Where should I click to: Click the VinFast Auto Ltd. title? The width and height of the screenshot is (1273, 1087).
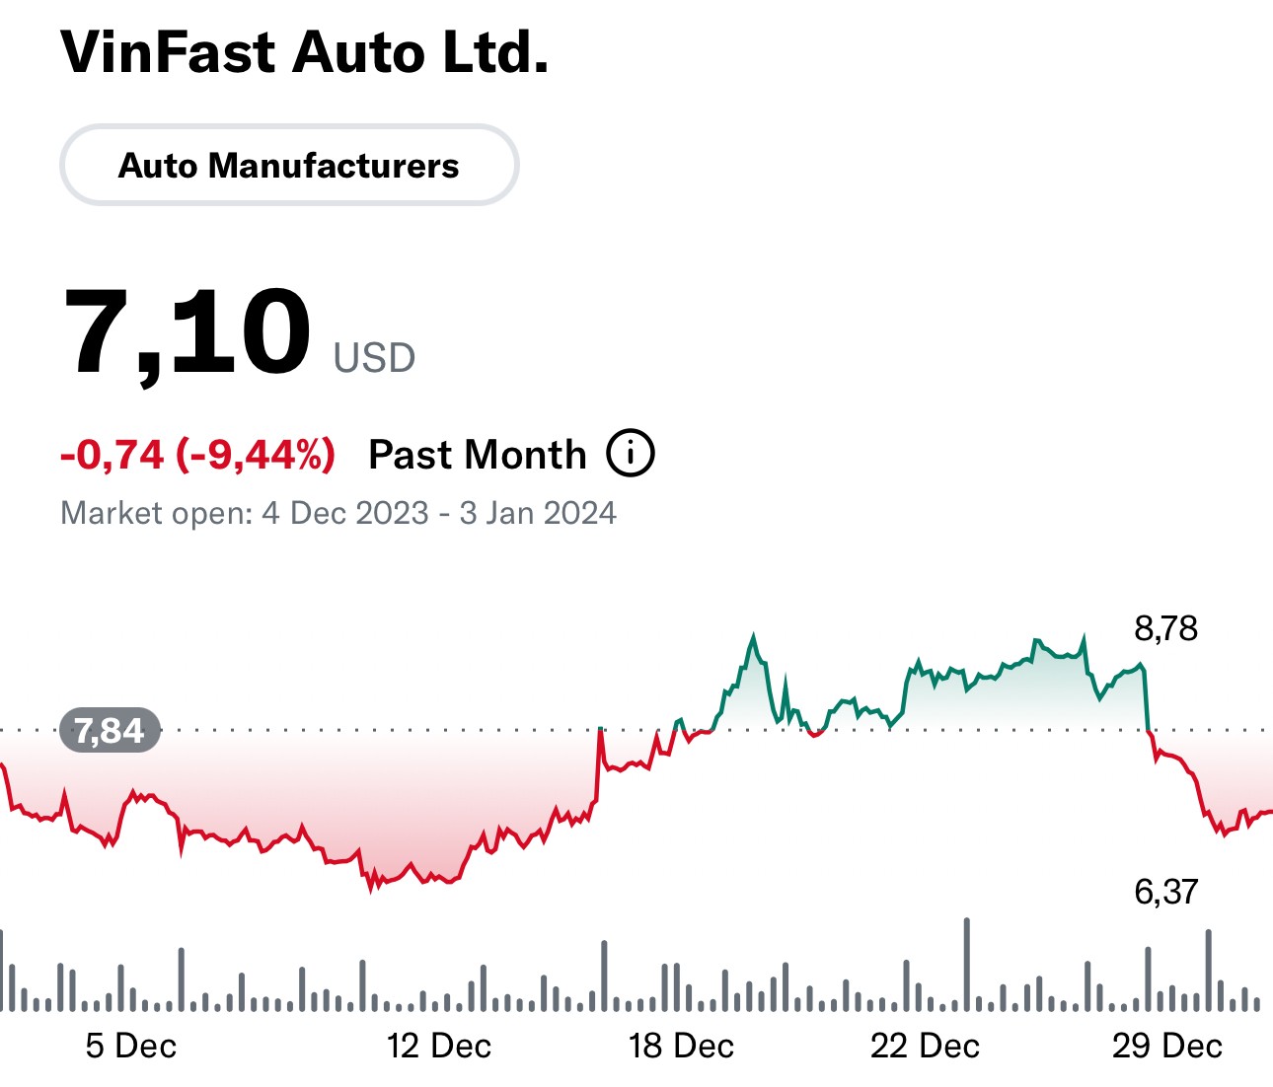[304, 53]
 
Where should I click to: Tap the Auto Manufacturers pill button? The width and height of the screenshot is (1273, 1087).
[289, 166]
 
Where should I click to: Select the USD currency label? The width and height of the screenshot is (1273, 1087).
[374, 358]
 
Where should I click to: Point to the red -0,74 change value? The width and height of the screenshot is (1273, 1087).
[112, 455]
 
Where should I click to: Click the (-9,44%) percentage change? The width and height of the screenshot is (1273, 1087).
[256, 455]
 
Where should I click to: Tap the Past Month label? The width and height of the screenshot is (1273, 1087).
[477, 455]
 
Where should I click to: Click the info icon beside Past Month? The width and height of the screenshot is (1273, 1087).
[631, 454]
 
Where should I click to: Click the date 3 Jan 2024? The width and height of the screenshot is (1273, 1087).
[538, 513]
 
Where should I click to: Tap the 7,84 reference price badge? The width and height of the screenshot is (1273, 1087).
[110, 731]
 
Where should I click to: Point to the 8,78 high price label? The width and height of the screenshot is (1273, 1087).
[1165, 628]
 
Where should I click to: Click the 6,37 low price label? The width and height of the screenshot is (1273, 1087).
[1165, 892]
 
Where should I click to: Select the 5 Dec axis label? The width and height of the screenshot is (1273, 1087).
[131, 1046]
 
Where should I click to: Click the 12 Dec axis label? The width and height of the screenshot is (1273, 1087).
[439, 1046]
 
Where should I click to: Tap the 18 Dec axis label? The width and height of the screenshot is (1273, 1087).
[681, 1046]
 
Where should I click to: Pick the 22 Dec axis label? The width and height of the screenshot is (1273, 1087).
[925, 1046]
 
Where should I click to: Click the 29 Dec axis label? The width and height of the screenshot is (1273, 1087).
[1167, 1046]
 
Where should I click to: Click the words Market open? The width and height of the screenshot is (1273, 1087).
[156, 513]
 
